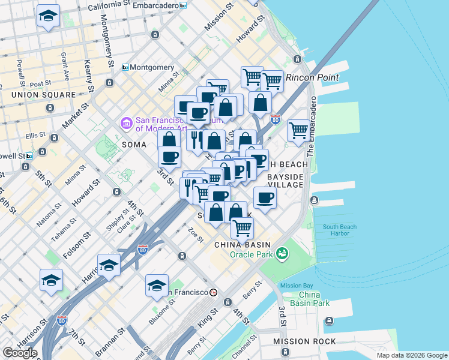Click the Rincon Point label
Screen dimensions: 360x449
[312, 77]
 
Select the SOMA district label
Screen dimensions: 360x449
[134, 145]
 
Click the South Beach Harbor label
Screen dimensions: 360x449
[340, 230]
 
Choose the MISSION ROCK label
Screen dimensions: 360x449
[304, 341]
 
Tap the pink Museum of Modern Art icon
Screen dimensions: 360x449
[127, 124]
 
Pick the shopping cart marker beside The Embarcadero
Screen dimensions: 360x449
[298, 130]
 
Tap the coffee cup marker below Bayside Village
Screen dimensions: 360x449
[265, 197]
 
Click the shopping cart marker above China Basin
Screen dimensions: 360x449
[242, 227]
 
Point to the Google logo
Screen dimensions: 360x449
[19, 353]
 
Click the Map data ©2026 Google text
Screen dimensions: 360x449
[411, 355]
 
